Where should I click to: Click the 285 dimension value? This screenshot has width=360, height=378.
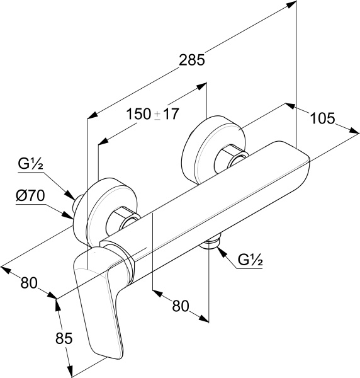(192, 60)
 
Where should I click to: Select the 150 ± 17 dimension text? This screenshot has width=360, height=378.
(153, 114)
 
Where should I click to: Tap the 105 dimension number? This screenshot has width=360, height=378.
(322, 118)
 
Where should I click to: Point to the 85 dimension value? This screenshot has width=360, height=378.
(64, 338)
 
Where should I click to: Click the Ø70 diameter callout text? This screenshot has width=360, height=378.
(30, 195)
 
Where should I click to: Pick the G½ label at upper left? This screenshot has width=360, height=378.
(30, 164)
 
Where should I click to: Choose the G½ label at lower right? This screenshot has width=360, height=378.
(250, 260)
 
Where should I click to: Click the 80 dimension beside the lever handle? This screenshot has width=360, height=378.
(29, 282)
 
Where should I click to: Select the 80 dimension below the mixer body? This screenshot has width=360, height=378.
(181, 306)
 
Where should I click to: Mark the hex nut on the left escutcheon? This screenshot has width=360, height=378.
(123, 218)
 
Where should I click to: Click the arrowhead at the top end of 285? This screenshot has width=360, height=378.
(290, 4)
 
